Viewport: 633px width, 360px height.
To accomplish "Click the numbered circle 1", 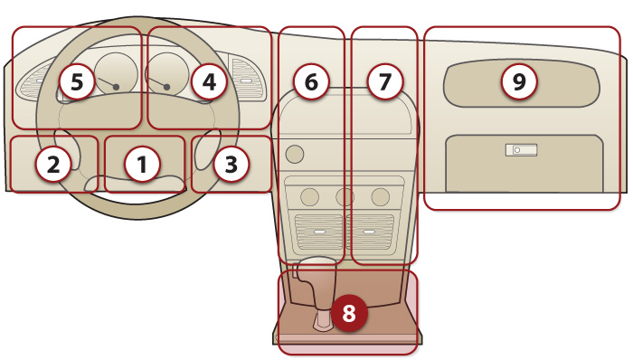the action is (142, 164).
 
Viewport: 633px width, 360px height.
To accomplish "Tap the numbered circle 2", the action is (53, 164).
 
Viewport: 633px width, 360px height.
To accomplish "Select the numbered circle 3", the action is (231, 164).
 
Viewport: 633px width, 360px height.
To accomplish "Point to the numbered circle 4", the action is (209, 82).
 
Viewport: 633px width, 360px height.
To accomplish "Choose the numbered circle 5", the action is (77, 82).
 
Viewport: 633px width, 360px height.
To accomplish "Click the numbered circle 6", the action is (311, 82).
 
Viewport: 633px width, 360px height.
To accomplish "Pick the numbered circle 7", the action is (384, 82).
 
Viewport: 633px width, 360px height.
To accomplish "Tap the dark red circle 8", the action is (349, 313).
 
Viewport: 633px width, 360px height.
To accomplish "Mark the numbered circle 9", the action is (519, 82).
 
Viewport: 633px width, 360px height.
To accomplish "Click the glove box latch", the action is (521, 150).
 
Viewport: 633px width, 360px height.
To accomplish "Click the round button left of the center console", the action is (294, 154).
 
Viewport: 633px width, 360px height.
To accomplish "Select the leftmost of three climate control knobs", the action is (309, 197).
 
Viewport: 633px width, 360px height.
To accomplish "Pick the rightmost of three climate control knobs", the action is (381, 197).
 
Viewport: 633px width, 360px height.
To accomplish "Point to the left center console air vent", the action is (319, 232).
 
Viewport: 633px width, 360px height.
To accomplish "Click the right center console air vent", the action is (369, 232).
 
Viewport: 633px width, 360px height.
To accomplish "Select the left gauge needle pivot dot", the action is (117, 87).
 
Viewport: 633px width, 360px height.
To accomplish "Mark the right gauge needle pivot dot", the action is (166, 87).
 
